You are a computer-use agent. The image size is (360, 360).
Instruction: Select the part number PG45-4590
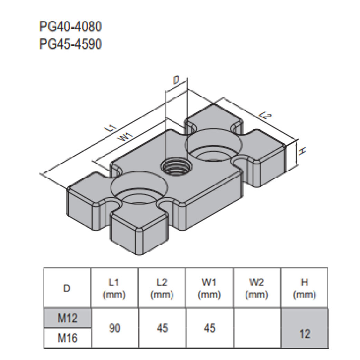70,45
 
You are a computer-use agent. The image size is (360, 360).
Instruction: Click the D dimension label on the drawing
176,81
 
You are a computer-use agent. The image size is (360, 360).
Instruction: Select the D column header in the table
67,288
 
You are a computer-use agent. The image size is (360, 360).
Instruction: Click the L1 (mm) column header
114,288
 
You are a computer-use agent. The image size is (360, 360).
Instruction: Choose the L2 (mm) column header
162,288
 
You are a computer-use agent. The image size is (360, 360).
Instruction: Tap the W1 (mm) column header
209,288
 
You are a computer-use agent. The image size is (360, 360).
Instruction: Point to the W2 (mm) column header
257,288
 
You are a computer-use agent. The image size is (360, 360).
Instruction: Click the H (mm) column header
304,288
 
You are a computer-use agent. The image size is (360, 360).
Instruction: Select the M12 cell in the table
67,318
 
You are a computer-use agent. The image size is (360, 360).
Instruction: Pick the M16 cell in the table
67,338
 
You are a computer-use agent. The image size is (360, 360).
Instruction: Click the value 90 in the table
114,328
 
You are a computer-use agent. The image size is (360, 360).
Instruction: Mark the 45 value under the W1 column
209,328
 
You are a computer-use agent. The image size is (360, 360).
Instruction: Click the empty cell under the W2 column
257,328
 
